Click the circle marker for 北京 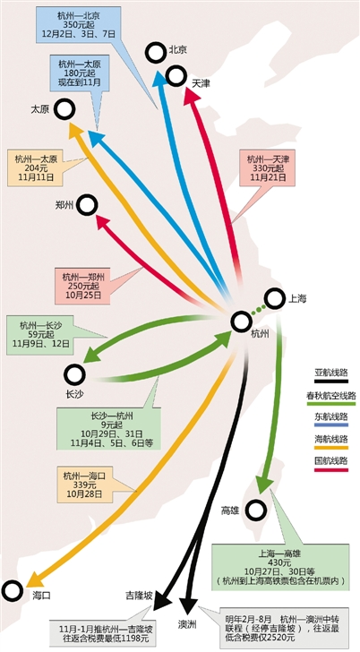[157, 52]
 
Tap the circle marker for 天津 [176, 76]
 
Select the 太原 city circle [64, 109]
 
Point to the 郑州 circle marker [87, 205]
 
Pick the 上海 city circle [274, 299]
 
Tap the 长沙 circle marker [75, 373]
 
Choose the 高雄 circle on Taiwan [256, 510]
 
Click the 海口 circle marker [13, 590]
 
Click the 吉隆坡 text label [140, 595]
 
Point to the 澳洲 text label [187, 623]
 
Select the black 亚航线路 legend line [331, 381]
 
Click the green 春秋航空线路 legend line [331, 403]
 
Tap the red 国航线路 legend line [331, 470]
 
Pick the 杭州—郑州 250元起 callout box [82, 285]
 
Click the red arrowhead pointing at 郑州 [103, 222]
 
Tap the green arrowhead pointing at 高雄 [264, 484]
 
